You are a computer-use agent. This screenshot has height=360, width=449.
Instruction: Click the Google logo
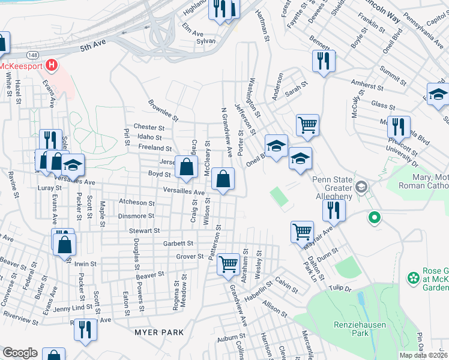(20, 353)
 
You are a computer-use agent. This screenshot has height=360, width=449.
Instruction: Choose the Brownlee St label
(163, 110)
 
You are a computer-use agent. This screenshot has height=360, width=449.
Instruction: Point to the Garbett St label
(178, 244)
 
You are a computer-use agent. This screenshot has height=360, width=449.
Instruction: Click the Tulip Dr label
(339, 287)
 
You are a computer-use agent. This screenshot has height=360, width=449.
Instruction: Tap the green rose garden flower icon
(412, 278)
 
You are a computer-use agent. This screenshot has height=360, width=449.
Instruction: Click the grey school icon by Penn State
(361, 187)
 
